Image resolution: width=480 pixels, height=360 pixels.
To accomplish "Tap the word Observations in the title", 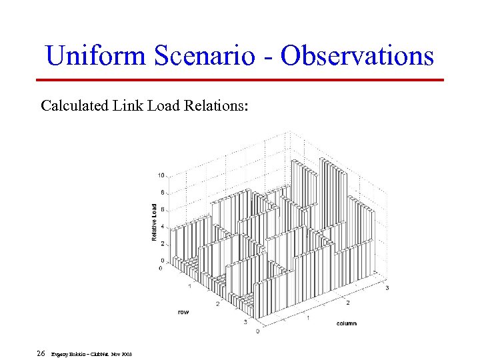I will pos(357,55).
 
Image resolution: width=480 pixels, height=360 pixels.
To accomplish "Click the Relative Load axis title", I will pos(154,223).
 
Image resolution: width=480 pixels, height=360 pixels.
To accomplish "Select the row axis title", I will pos(183,311).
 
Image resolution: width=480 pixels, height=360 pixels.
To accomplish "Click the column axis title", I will pos(346,323).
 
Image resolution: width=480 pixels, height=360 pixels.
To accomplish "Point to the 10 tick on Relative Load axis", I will pos(161,175).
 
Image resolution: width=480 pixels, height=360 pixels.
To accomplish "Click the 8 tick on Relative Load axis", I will pos(162,193).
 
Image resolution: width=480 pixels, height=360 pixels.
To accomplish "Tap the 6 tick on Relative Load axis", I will pos(162,209).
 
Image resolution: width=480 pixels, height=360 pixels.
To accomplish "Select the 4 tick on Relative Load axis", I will pos(162,226).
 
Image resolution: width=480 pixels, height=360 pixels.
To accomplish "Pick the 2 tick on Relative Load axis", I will pos(162,243).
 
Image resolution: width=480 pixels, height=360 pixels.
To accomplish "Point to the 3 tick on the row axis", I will pos(244,322).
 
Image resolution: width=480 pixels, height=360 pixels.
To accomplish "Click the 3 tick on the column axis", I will pos(387,287).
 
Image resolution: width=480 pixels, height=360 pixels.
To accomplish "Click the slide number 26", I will pos(41,353).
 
